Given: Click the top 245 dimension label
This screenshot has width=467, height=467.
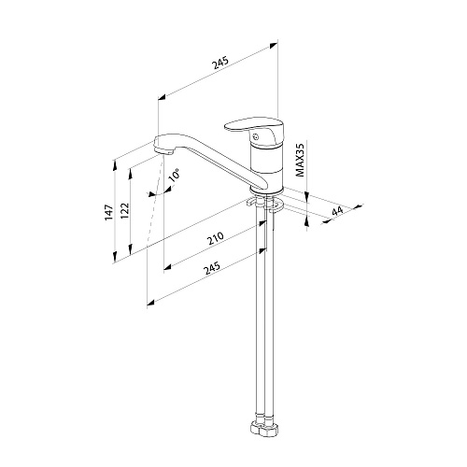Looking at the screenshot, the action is click(x=220, y=63).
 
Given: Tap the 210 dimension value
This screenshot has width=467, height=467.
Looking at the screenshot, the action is click(x=216, y=238).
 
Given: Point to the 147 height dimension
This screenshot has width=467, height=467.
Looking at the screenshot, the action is click(x=109, y=213).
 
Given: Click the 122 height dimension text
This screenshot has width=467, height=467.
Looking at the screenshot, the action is click(x=124, y=211).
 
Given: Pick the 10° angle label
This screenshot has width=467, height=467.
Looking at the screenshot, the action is click(x=175, y=175).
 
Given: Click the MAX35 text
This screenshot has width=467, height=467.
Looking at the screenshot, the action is click(x=300, y=159).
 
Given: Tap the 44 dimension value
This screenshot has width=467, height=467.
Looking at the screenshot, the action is click(x=337, y=211).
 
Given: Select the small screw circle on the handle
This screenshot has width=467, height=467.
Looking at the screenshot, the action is click(x=256, y=136).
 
